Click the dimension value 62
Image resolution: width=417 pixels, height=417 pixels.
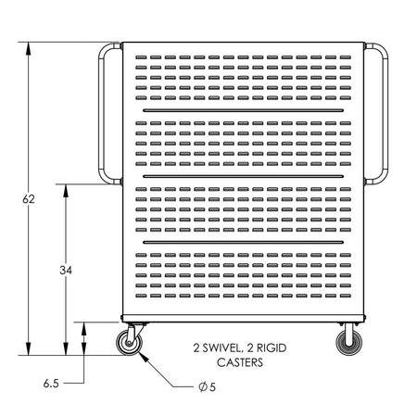(x=29, y=199)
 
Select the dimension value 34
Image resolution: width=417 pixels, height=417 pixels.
(x=66, y=271)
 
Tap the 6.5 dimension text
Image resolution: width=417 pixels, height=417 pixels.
(x=51, y=384)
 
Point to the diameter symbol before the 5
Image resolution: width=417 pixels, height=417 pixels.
(x=203, y=386)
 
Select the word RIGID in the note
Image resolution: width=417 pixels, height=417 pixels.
(x=272, y=348)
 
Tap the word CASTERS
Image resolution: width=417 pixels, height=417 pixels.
(x=240, y=362)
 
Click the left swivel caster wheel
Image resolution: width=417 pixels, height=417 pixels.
(x=129, y=343)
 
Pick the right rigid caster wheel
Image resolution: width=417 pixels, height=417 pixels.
(x=349, y=343)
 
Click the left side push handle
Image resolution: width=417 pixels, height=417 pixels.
(x=101, y=114)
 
